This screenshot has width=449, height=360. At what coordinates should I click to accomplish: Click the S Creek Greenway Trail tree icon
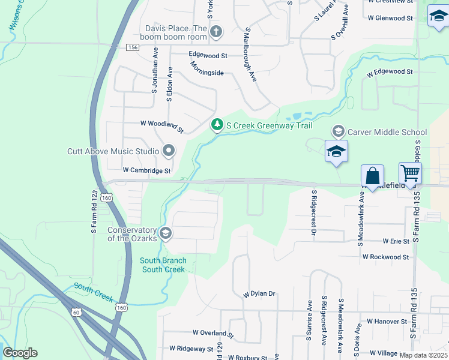pos(217,125)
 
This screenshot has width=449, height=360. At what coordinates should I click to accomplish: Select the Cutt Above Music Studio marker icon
pos(169,151)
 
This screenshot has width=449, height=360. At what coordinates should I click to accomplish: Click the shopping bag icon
pos(372,177)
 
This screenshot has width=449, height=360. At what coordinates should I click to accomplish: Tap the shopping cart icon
pos(410,173)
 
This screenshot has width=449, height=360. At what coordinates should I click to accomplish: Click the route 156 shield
pos(133,47)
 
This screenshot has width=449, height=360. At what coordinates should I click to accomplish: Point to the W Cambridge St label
pos(147,170)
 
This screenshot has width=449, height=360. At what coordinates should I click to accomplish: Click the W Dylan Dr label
pos(259,294)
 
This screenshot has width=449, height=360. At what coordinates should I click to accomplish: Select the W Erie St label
pos(396,241)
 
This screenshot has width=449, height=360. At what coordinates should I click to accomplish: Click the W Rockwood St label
pos(385,256)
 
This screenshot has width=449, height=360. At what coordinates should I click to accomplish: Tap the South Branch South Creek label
pos(163,265)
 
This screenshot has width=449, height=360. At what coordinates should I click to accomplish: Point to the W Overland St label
pos(212,332)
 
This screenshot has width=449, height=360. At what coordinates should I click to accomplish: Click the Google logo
pos(20,353)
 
